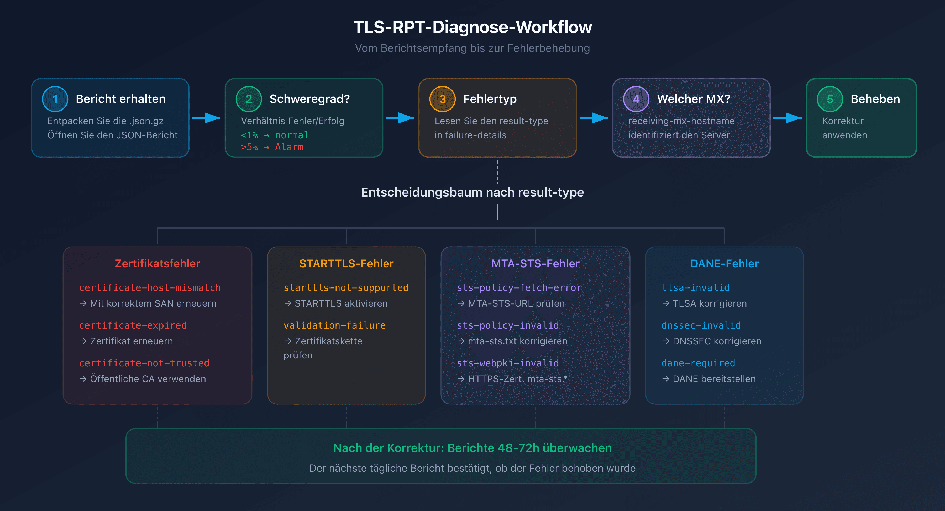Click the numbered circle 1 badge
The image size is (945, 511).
pos(55,99)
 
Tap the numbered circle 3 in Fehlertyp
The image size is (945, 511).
pos(442,99)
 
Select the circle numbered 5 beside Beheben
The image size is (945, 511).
pos(830,99)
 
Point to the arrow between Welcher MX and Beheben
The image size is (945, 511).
pos(787,118)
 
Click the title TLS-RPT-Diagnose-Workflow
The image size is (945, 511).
pos(472,27)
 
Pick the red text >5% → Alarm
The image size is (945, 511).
pos(272,147)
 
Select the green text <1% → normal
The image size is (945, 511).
pos(275,135)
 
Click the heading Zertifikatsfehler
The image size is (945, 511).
pos(157,263)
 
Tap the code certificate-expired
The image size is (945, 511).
pos(133,325)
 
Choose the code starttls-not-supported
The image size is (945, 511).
pos(346,287)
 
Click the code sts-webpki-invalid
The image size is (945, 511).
pos(508,363)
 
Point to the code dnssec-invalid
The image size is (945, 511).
pos(701,325)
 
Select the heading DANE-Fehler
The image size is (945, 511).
pos(724,263)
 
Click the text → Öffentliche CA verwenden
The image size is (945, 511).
pos(143,379)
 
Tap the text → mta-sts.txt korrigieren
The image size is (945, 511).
pos(512,341)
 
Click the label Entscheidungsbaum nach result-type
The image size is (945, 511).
pos(472,192)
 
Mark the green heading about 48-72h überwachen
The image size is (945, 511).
pos(472,448)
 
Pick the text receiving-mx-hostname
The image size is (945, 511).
pos(681,121)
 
